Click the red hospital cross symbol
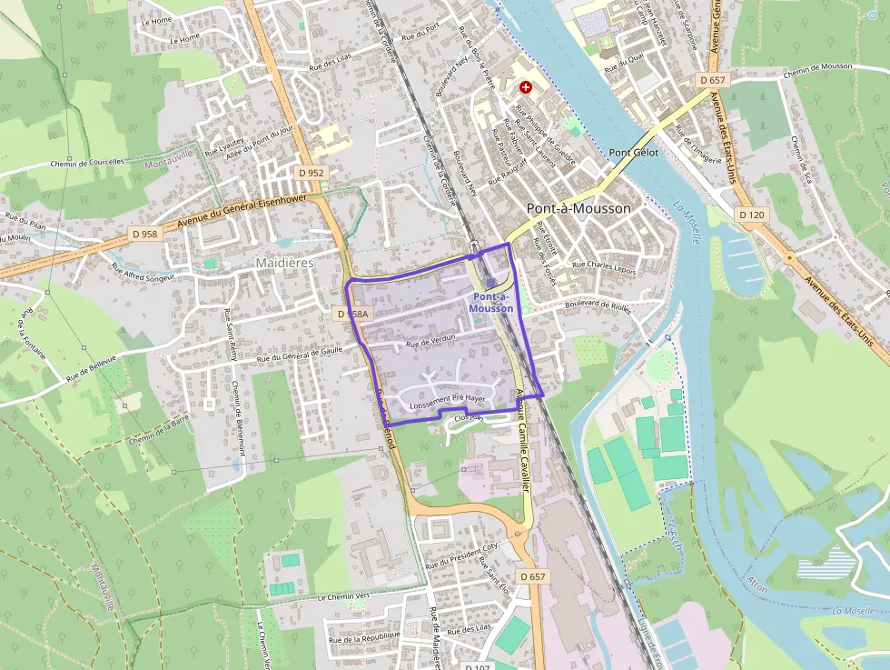tap(525, 86)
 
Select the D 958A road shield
tap(352, 314)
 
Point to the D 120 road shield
tap(751, 215)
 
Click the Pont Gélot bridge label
tap(633, 153)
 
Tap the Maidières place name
tap(284, 263)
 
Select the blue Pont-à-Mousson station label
tap(491, 303)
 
